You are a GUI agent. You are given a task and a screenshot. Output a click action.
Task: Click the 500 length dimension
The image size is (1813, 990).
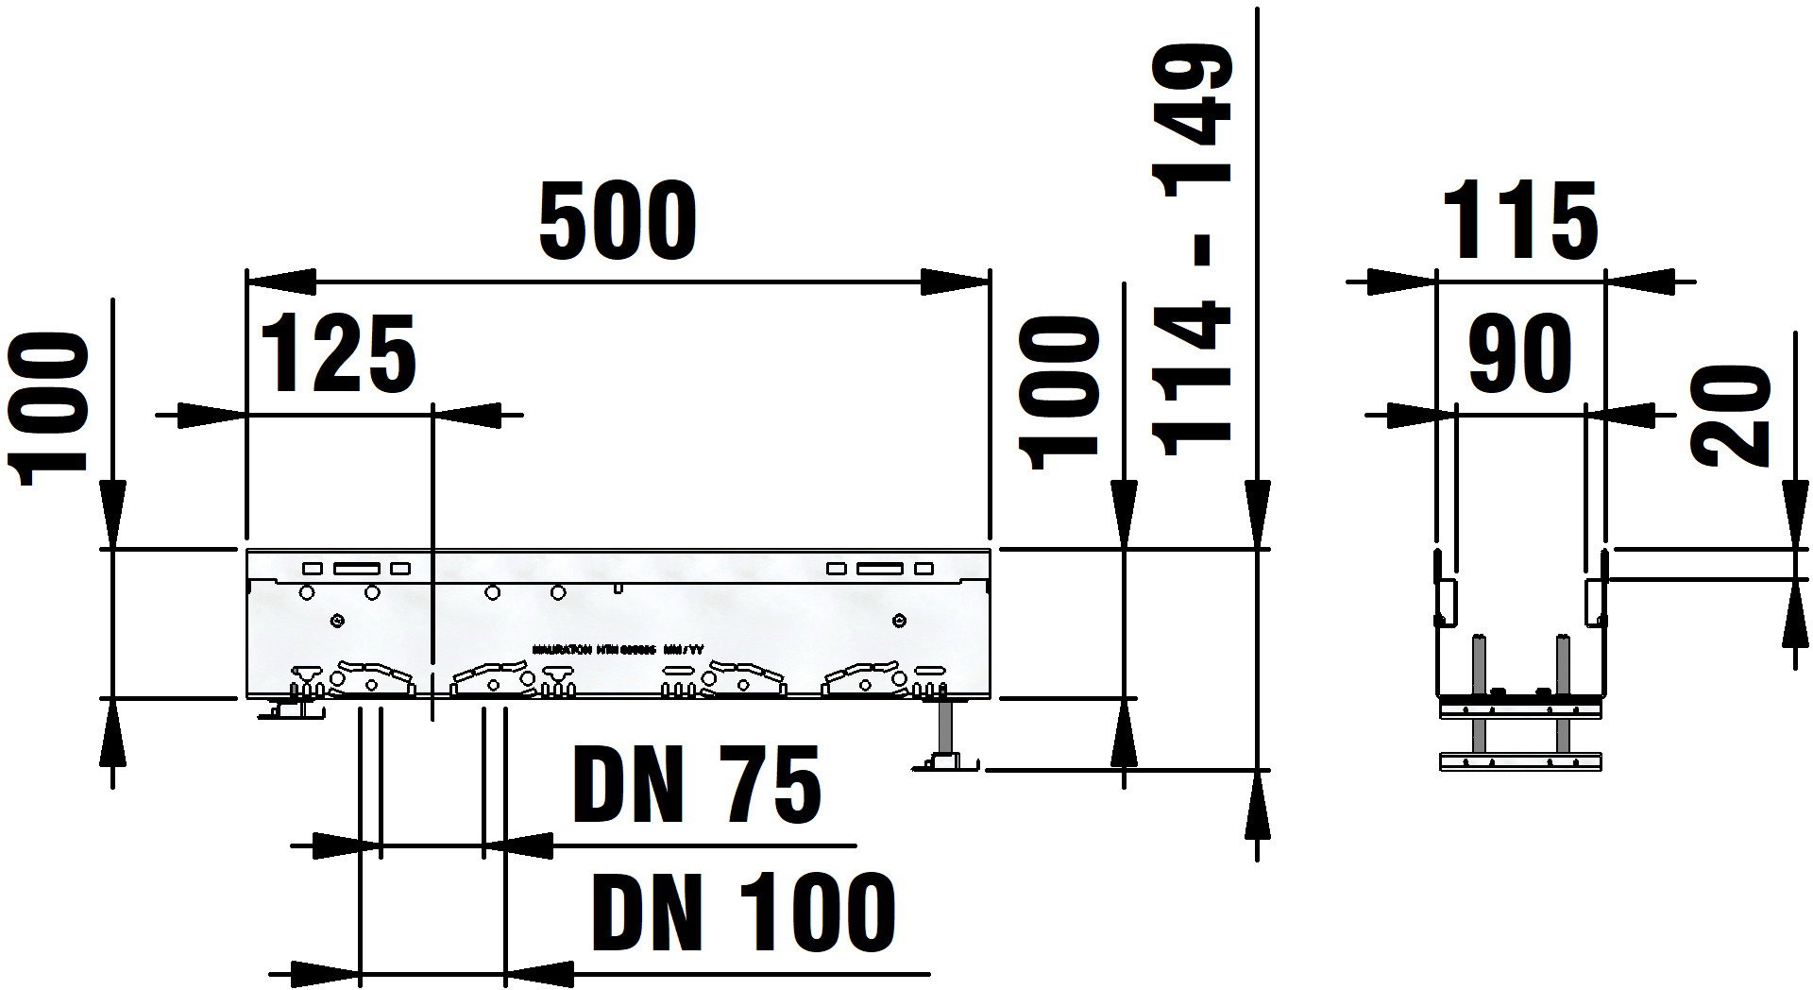[x=618, y=223]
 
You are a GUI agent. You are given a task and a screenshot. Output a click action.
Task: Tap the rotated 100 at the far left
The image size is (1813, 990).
[x=47, y=408]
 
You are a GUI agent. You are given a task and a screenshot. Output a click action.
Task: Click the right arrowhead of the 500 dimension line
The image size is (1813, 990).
[x=956, y=282]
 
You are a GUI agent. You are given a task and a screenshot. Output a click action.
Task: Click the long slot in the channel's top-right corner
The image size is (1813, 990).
[x=879, y=569]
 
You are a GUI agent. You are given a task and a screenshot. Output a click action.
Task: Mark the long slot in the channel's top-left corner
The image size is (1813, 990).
[x=357, y=569]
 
